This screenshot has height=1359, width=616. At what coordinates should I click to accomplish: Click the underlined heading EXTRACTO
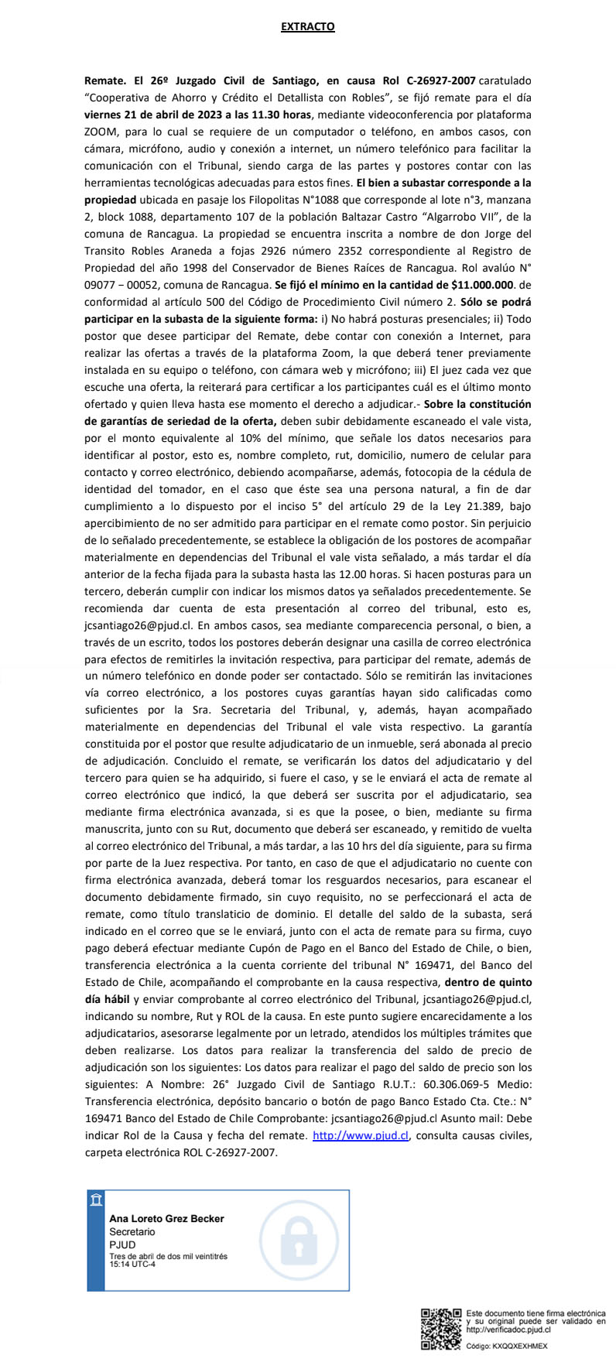pos(307,27)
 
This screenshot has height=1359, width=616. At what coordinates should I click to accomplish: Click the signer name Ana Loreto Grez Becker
pos(166,1219)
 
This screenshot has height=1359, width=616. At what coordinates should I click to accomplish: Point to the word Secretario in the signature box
pos(132,1232)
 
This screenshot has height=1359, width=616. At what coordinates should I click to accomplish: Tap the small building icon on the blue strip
pos(96,1200)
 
